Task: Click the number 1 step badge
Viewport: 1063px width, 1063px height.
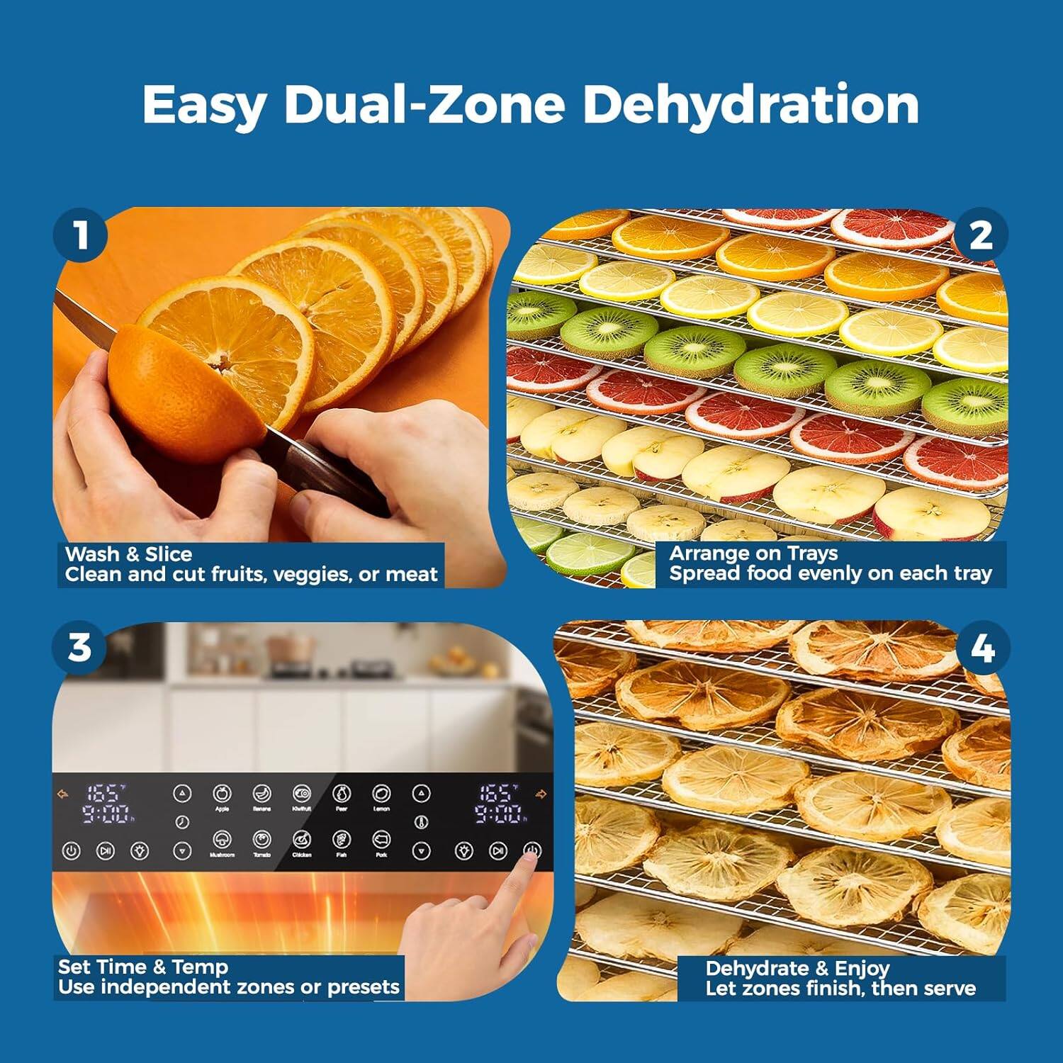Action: point(81,235)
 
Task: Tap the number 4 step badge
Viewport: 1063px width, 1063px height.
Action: point(982,648)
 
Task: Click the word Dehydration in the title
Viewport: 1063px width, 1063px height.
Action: point(750,104)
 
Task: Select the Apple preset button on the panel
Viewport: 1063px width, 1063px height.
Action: point(222,793)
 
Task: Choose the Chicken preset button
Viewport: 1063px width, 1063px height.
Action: point(302,840)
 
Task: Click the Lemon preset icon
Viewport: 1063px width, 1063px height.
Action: point(382,793)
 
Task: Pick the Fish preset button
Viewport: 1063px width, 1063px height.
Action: point(342,840)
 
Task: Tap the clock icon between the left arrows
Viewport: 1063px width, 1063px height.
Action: point(182,822)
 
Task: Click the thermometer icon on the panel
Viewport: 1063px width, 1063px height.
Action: point(422,822)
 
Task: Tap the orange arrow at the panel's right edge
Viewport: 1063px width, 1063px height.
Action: point(541,794)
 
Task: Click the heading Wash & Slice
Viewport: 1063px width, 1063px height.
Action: point(128,554)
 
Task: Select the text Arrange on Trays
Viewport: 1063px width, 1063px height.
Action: point(753,553)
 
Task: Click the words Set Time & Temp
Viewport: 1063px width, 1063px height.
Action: point(142,967)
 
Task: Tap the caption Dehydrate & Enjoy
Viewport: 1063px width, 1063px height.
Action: point(797,968)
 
